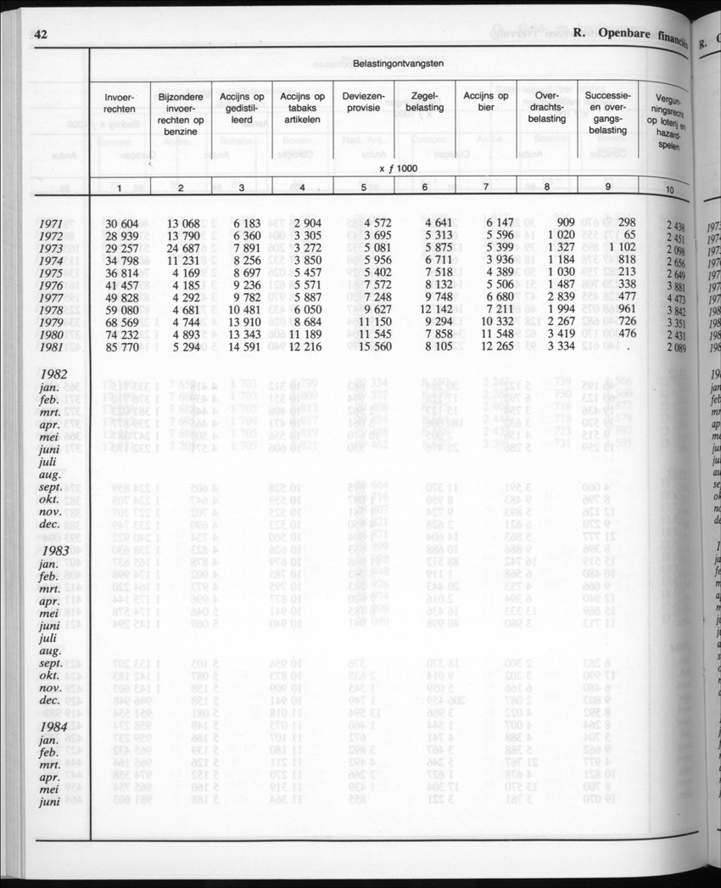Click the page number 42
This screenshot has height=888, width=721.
(41, 34)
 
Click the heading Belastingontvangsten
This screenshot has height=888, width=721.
(398, 64)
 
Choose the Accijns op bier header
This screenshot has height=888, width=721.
(485, 102)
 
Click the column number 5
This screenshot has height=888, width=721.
(363, 188)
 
